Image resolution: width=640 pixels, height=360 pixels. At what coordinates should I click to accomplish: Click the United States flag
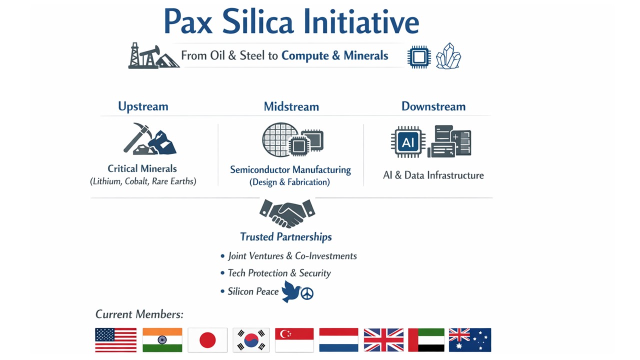point(115,340)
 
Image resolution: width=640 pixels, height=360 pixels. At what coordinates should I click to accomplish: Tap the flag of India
point(162,340)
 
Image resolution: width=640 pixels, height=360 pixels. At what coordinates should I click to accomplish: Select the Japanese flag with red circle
point(207,340)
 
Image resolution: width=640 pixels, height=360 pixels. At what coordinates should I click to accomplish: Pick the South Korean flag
point(251,340)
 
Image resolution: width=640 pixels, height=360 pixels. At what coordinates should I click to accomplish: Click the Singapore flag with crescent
point(294,340)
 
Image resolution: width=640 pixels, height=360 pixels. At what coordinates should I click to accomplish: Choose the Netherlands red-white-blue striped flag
point(338,340)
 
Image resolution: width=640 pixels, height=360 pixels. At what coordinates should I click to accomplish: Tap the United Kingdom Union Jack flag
point(383,340)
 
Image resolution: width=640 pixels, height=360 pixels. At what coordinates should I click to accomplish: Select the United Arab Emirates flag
point(426,340)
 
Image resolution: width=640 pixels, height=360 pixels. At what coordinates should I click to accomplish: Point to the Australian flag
point(470,340)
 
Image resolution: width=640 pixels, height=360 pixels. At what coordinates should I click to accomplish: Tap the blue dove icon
point(291,291)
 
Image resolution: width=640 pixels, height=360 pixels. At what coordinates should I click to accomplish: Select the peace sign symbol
point(307,293)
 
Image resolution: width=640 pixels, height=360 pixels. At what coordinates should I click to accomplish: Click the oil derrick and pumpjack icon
point(153,56)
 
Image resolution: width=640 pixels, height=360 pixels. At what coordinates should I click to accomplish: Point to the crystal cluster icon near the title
point(448,56)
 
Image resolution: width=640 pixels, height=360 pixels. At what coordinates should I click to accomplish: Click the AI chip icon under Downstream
point(408,142)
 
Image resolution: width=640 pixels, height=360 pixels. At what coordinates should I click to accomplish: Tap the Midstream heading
point(291,106)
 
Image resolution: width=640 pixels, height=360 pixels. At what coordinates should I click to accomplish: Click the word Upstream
point(143,106)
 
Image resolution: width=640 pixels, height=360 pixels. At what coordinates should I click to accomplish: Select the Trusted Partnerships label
point(285,237)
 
